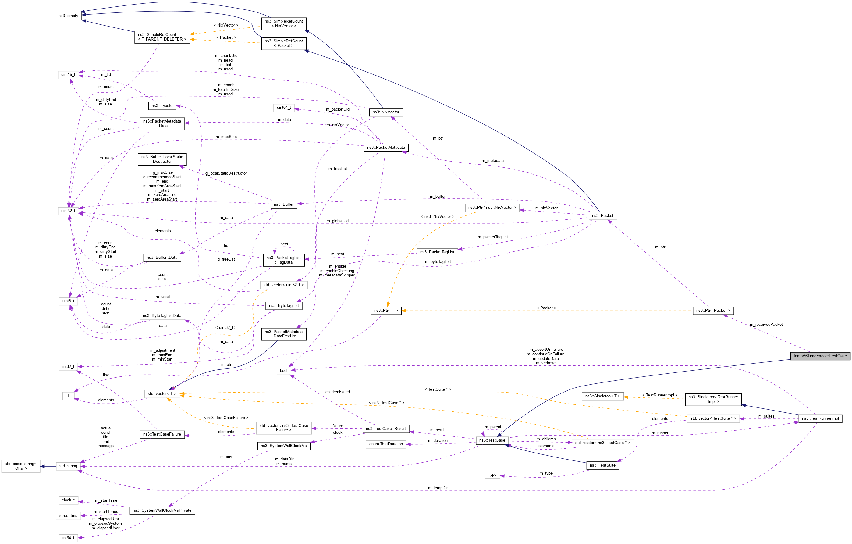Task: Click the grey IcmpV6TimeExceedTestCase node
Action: coord(820,356)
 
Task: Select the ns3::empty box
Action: coord(68,16)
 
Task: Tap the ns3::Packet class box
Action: coord(602,215)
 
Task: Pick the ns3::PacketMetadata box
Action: coord(386,148)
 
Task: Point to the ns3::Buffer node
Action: coord(283,204)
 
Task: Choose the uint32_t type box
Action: coord(68,211)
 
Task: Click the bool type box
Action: coord(283,371)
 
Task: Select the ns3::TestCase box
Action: coord(492,440)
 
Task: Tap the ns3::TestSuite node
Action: coord(602,465)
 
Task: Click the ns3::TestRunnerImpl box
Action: coord(820,418)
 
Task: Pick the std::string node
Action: coord(68,466)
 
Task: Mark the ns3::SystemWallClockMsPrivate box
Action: coord(162,510)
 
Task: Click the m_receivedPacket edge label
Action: coord(766,325)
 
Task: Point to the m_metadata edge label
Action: coord(492,161)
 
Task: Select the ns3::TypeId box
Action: coord(162,106)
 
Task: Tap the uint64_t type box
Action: coord(284,108)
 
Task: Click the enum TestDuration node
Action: coord(386,444)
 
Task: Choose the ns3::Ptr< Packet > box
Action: coord(713,311)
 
